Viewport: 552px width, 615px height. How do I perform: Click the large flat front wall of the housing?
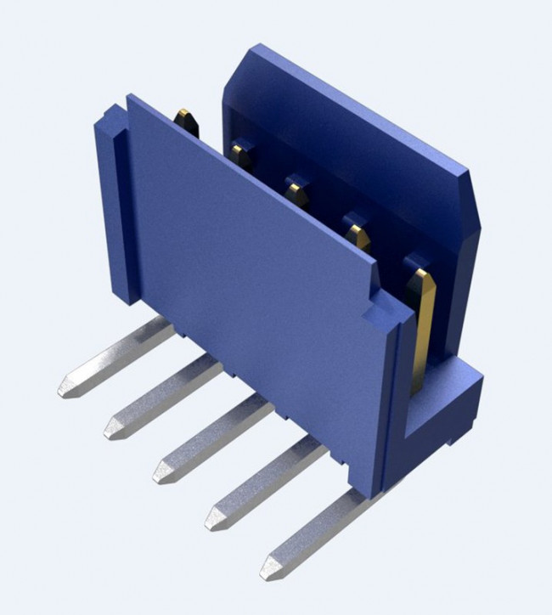[255, 280]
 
